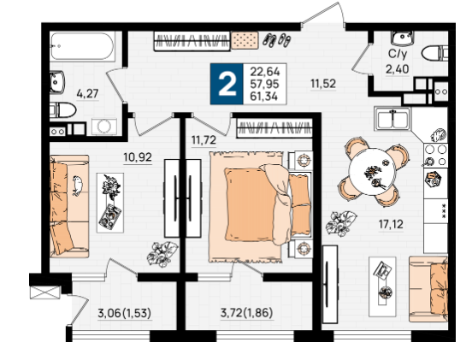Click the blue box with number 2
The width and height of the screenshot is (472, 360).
(227, 84)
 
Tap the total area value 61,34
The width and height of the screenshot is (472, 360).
(264, 97)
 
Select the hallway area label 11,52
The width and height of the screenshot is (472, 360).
(323, 84)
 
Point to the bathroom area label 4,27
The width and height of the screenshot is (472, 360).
(87, 93)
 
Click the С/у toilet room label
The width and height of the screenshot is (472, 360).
(398, 54)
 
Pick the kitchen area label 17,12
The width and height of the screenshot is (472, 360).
(391, 224)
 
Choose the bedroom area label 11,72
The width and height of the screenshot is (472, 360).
(204, 140)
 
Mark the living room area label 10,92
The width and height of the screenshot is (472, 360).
(138, 157)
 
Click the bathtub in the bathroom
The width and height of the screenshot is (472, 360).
(82, 47)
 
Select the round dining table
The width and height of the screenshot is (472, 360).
(372, 172)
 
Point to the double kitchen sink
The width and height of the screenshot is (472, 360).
(392, 119)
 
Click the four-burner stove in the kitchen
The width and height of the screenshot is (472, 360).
(435, 156)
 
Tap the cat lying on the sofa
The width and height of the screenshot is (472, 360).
(77, 186)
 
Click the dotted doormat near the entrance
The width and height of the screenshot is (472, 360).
(245, 40)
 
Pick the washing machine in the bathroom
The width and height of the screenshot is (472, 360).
(104, 126)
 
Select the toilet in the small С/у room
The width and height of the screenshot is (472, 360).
(434, 54)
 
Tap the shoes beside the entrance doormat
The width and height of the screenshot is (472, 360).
(277, 40)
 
